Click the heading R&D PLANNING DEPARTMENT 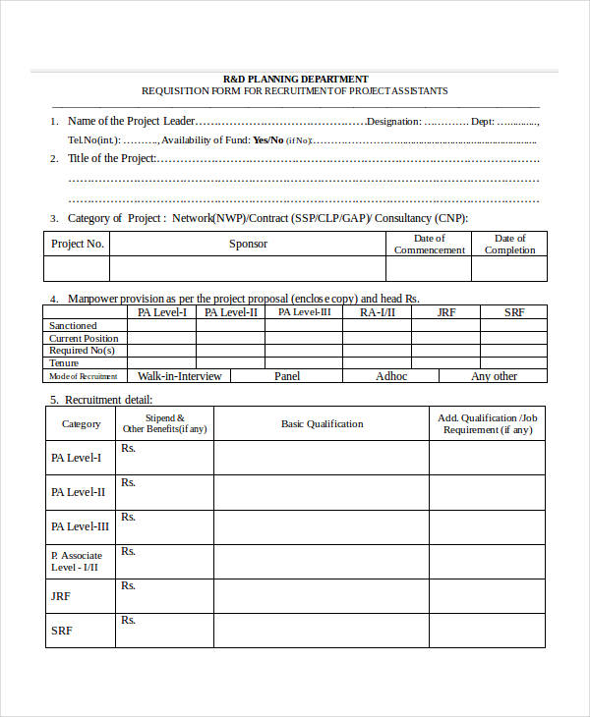point(295,79)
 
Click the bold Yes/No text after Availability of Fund point(267,140)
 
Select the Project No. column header point(77,244)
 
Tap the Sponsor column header point(248,244)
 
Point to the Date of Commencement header point(429,244)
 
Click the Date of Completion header point(509,244)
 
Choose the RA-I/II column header point(377,312)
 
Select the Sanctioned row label point(74,325)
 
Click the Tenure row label point(64,363)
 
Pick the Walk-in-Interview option point(179,376)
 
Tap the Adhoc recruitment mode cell point(391,376)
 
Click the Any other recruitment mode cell point(494,376)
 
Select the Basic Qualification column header point(322,424)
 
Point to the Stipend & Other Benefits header point(164,423)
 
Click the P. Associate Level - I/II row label point(76,561)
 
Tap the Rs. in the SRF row point(128,621)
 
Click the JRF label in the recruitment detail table point(60,596)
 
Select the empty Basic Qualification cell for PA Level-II point(322,492)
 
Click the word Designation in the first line point(393,122)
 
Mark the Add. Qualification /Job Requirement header point(487,423)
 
